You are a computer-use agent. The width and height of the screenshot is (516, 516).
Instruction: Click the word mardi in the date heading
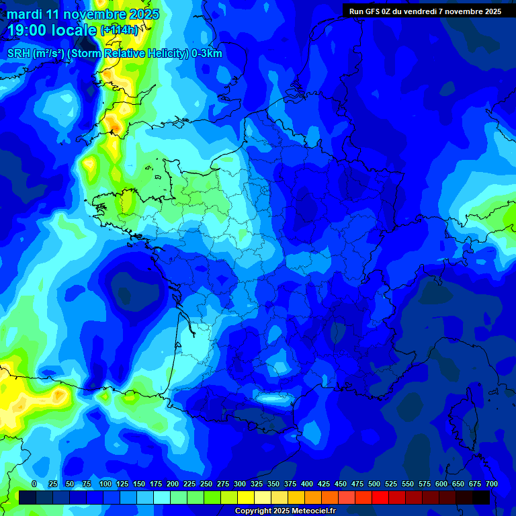(x=24, y=14)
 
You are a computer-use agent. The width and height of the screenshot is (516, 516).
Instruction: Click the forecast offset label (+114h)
(x=120, y=30)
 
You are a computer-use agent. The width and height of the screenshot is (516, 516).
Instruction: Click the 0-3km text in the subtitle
(x=207, y=54)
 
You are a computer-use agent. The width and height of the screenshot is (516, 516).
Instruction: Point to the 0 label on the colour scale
(x=34, y=484)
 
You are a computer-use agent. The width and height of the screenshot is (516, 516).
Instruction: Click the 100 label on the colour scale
(x=105, y=484)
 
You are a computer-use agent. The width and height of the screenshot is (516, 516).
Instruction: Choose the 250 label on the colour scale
(x=206, y=484)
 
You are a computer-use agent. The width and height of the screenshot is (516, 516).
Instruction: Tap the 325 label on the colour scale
(x=257, y=484)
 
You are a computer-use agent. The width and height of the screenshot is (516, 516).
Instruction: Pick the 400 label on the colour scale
(x=307, y=484)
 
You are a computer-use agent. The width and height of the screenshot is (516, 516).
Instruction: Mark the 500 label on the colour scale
(x=374, y=484)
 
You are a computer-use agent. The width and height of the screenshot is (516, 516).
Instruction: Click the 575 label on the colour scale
(x=425, y=484)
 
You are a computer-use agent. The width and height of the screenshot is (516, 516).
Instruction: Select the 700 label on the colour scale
(x=492, y=484)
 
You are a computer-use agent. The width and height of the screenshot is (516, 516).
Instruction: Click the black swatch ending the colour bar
(x=481, y=497)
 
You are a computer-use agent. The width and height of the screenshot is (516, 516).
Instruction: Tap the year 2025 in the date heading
(x=144, y=14)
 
